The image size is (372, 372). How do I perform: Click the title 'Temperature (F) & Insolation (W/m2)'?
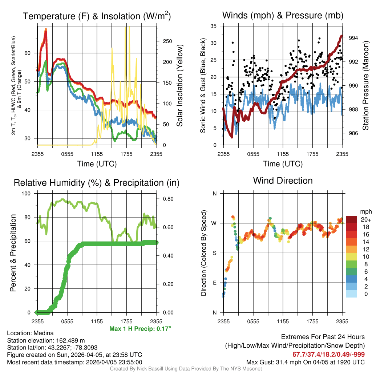click(97, 16)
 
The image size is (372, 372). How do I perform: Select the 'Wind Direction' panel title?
click(283, 181)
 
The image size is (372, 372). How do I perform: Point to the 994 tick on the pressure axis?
click(353, 38)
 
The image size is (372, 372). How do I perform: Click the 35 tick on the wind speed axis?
click(214, 26)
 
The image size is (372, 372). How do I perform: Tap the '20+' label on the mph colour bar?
click(365, 220)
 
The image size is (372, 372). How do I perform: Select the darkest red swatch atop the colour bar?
click(352, 219)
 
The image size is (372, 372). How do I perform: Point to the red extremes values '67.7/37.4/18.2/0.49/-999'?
click(328, 354)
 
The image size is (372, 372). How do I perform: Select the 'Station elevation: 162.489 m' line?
click(46, 340)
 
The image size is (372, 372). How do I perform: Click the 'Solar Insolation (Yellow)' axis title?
click(179, 86)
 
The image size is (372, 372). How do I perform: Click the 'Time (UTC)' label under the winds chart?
click(283, 164)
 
